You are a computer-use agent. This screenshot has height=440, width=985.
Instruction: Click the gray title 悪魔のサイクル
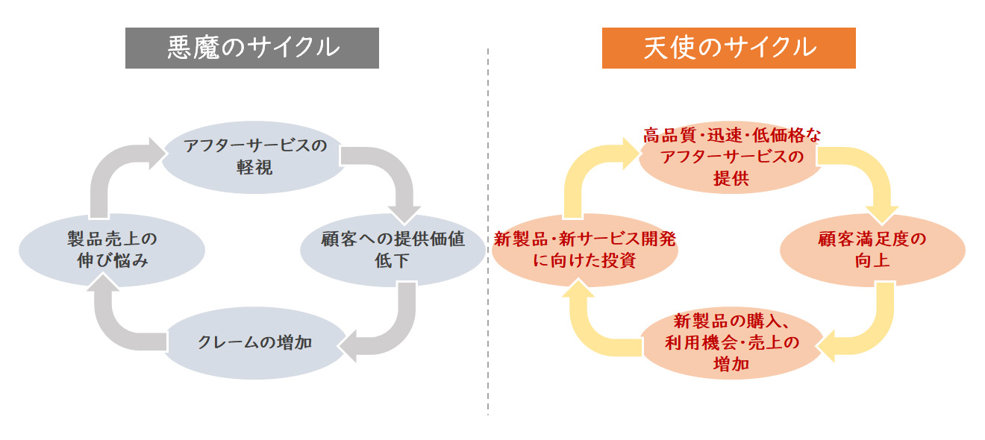pyautogui.click(x=251, y=48)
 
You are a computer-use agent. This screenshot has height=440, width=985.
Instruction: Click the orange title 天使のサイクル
pyautogui.click(x=728, y=48)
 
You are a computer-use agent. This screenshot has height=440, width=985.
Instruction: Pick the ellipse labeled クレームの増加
pyautogui.click(x=254, y=343)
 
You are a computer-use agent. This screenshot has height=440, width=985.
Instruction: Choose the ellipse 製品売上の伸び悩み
pyautogui.click(x=111, y=250)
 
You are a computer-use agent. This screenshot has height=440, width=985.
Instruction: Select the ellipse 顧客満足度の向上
pyautogui.click(x=872, y=250)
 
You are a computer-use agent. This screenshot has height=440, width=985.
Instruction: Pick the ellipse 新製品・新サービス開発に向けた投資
pyautogui.click(x=585, y=250)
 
